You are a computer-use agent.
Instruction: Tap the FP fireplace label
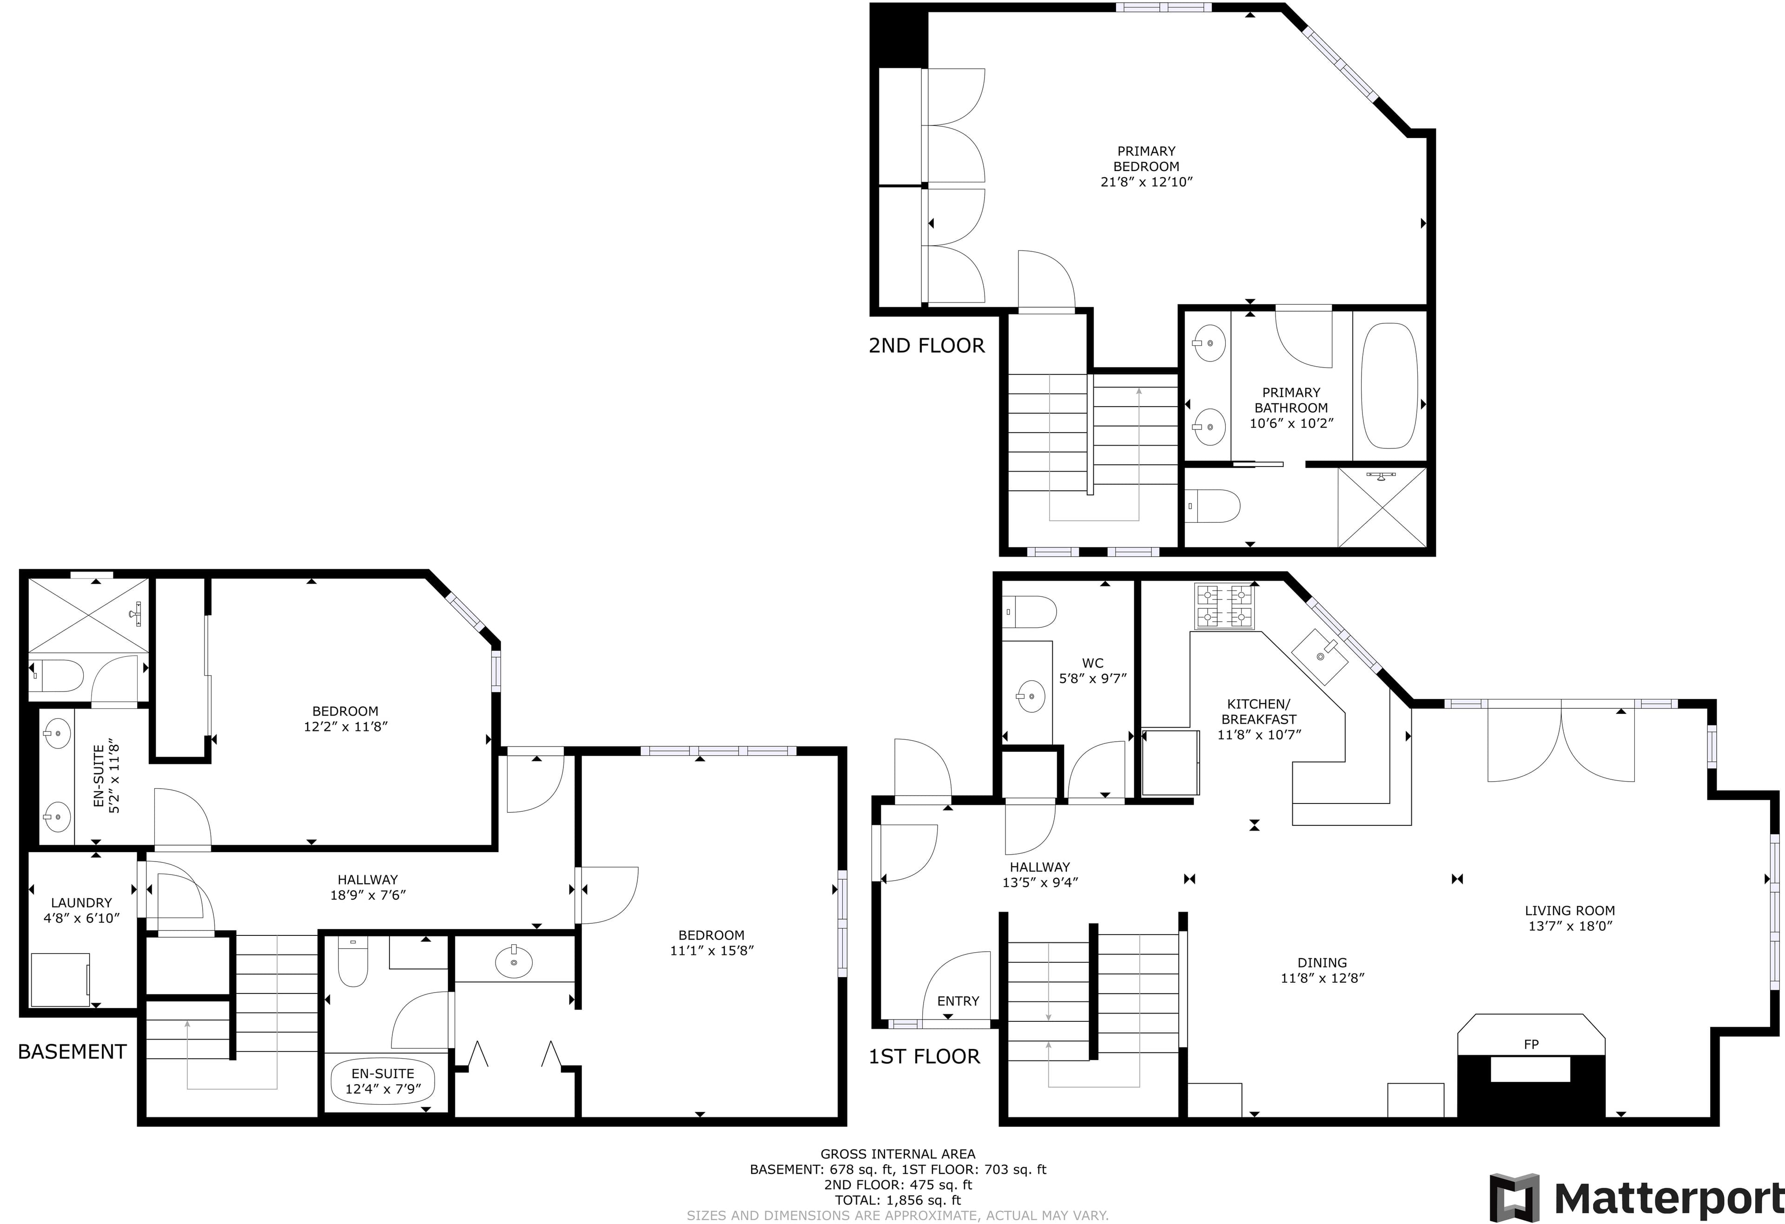[x=1531, y=1044]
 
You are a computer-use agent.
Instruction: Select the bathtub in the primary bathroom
[x=1389, y=386]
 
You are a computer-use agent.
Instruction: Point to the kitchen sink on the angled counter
[x=1320, y=656]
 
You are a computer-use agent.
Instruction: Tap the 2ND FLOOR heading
[x=926, y=346]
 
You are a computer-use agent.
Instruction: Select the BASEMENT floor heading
[x=72, y=1051]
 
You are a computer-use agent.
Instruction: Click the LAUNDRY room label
[x=81, y=903]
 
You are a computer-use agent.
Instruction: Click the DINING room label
[x=1322, y=963]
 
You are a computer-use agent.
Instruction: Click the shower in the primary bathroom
[x=1382, y=507]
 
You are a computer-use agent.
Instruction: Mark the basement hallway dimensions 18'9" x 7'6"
[x=368, y=895]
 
